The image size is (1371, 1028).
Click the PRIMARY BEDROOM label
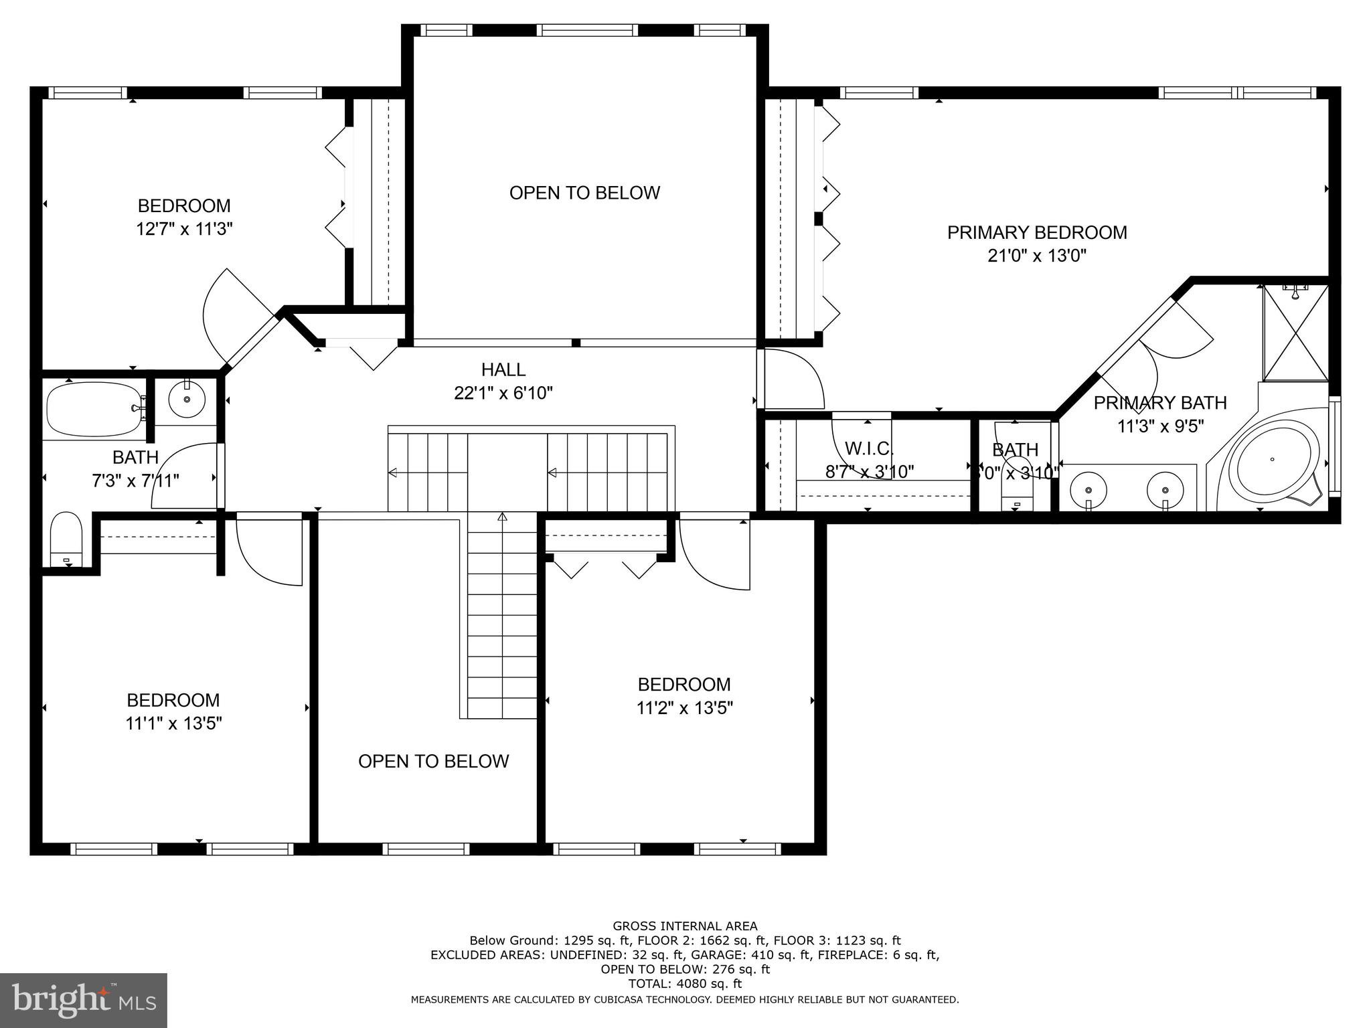(1036, 233)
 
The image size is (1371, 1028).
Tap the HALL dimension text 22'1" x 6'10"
(503, 393)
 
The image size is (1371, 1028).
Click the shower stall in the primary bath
(1295, 333)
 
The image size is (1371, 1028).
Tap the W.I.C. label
(868, 448)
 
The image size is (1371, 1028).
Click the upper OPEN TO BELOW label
(584, 193)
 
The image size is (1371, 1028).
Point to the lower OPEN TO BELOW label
(433, 761)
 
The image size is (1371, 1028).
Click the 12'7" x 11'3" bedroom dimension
(184, 229)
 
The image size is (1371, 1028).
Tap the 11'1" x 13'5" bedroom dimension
(173, 723)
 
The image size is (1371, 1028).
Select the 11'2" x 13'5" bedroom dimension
(684, 708)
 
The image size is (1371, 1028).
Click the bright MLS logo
(83, 1000)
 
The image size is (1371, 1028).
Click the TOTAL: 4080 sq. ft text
(684, 984)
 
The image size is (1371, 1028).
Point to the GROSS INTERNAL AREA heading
(684, 926)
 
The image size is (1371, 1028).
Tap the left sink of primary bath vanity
(1088, 488)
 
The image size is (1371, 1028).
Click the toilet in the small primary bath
(1016, 492)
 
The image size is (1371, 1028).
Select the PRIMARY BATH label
(1159, 403)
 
